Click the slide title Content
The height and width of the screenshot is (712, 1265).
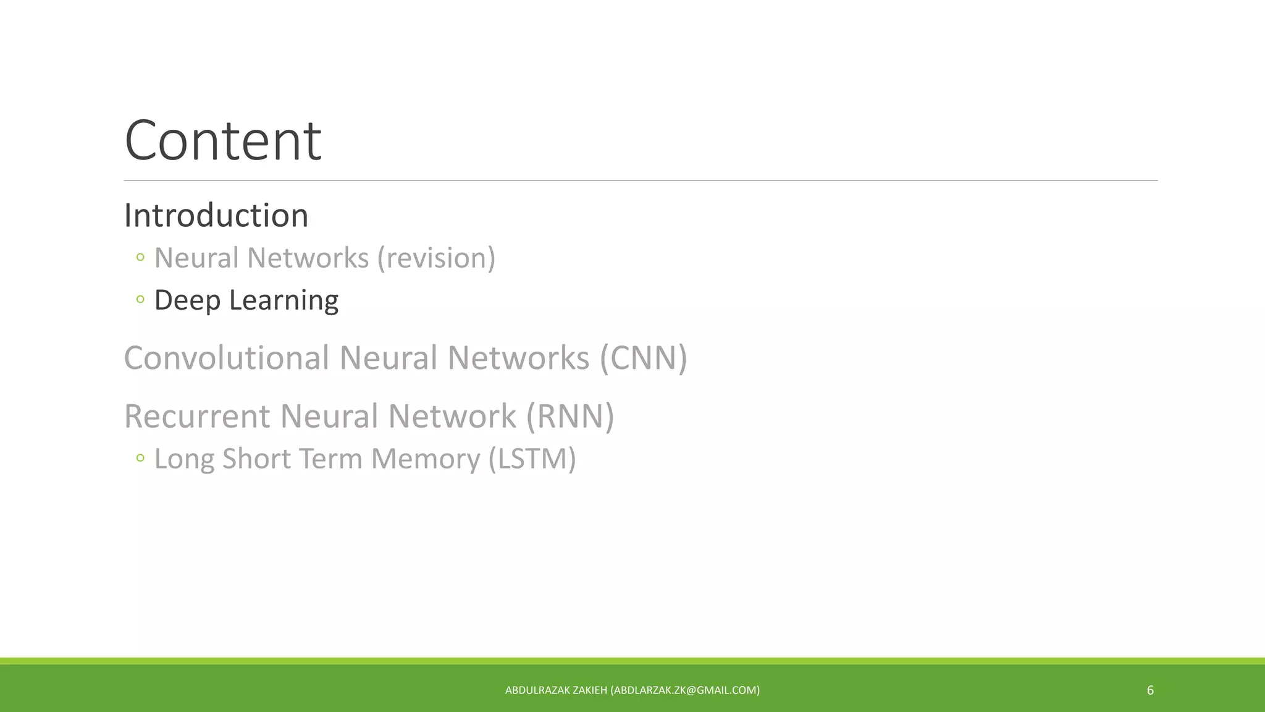(222, 141)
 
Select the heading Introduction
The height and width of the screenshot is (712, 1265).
(216, 216)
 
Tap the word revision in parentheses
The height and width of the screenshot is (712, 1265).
(437, 258)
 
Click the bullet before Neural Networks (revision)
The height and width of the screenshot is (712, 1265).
(140, 257)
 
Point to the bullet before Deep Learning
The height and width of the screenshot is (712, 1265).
(140, 300)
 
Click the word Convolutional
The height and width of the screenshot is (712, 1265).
(227, 358)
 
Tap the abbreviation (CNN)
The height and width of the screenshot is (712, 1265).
(643, 358)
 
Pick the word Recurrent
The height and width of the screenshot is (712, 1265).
(197, 416)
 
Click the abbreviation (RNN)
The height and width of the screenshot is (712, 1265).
(570, 416)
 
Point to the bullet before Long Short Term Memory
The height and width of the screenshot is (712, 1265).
(140, 458)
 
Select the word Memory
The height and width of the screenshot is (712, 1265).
(425, 459)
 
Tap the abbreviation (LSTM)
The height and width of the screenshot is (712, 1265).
(532, 459)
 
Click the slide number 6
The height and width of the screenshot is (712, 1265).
(1150, 690)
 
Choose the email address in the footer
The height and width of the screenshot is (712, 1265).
(685, 690)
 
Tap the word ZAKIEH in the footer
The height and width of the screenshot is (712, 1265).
(590, 690)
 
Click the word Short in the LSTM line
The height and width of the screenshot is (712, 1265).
(256, 459)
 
